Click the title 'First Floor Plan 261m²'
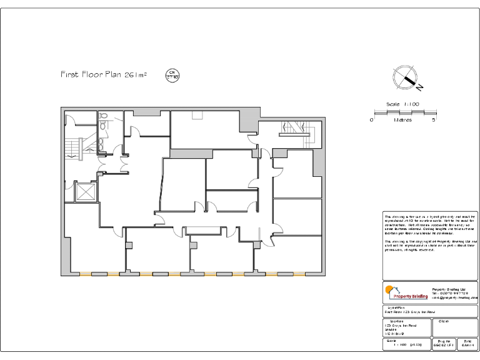point(104,75)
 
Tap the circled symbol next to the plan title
point(172,75)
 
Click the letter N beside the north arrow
point(421,86)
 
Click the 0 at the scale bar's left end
point(371,119)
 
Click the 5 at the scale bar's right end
point(434,119)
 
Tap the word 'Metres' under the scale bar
point(402,120)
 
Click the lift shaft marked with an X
point(84,192)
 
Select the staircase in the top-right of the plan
point(294,128)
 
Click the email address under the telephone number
point(454,298)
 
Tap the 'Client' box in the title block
point(454,328)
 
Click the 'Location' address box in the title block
point(406,328)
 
